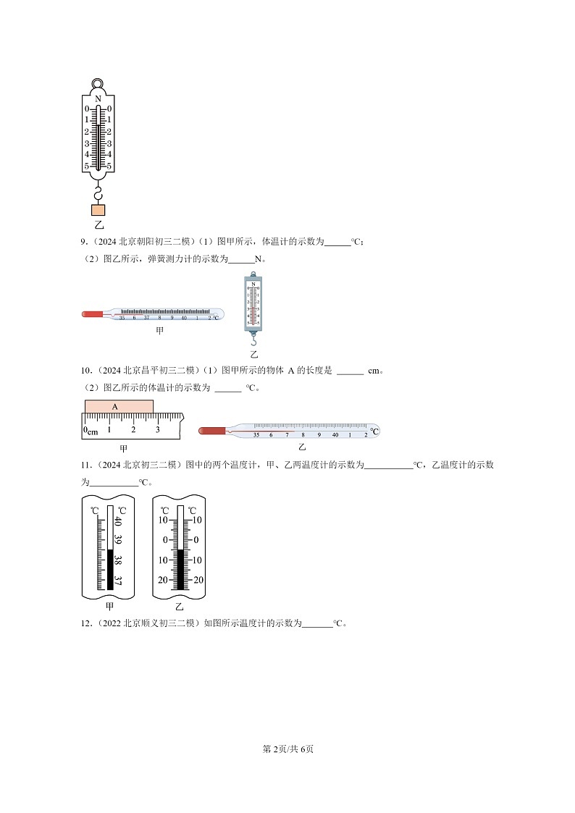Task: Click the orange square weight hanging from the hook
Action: [x=98, y=210]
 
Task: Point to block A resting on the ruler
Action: [x=119, y=407]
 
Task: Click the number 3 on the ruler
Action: [x=157, y=429]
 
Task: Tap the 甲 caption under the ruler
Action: [x=123, y=448]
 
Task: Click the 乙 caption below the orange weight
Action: [x=98, y=225]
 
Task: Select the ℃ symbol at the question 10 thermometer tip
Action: [x=374, y=431]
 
